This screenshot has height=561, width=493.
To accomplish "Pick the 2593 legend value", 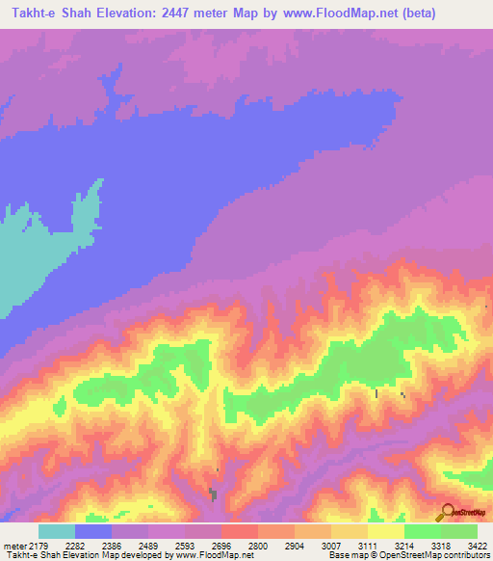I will (186, 547).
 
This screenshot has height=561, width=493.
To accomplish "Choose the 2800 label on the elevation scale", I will (258, 547).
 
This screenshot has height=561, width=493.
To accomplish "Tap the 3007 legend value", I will (331, 547).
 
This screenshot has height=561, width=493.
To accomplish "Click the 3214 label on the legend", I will (404, 547).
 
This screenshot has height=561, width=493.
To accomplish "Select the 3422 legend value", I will (478, 547).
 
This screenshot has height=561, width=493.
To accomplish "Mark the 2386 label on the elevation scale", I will (113, 547).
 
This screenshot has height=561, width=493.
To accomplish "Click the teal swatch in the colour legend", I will (57, 531).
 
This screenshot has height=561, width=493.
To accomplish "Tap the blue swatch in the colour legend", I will (93, 531).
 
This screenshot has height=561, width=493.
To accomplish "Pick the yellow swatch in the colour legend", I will (386, 531).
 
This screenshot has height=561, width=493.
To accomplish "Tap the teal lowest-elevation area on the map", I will (29, 260).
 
